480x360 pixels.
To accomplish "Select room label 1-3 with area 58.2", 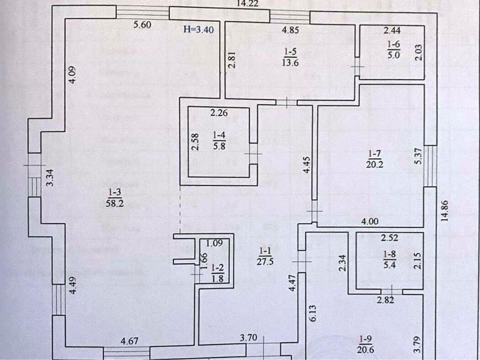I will (113, 196).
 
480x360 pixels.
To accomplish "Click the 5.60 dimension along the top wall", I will (143, 25).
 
